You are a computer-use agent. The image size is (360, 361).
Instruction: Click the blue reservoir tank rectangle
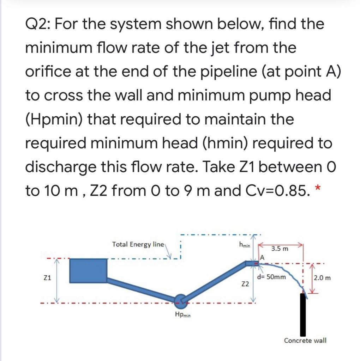pyautogui.click(x=89, y=270)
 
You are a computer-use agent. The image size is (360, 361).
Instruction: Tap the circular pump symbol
pyautogui.click(x=181, y=300)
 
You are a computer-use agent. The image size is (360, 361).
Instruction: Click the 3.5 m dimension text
pyautogui.click(x=280, y=249)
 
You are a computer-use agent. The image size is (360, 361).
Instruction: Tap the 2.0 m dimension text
pyautogui.click(x=323, y=277)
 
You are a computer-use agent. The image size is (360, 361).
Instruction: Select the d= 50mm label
pyautogui.click(x=271, y=277)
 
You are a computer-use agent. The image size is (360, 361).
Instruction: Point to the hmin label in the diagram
pyautogui.click(x=244, y=244)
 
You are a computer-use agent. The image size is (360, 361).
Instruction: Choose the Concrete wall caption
pyautogui.click(x=305, y=340)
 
